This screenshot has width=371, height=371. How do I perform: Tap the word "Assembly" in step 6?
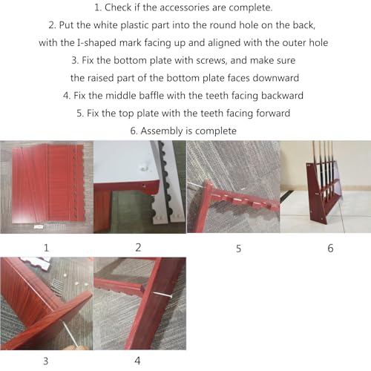[x=161, y=131]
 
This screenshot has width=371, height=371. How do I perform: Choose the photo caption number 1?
[x=46, y=248]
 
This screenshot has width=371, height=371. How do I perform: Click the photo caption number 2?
[x=138, y=248]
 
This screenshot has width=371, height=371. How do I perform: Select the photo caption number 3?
[x=45, y=361]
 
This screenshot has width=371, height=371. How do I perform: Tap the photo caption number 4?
[x=137, y=361]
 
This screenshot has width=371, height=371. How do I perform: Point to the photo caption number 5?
[x=238, y=249]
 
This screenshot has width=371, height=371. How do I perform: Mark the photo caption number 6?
[x=330, y=249]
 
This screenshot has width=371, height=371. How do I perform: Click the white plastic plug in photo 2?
[x=144, y=168]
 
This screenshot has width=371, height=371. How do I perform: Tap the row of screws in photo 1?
[x=56, y=227]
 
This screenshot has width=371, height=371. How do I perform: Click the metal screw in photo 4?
[x=162, y=295]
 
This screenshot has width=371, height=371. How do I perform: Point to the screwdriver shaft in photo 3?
[x=70, y=333]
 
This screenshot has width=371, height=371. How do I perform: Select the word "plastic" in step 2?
[x=134, y=25]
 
